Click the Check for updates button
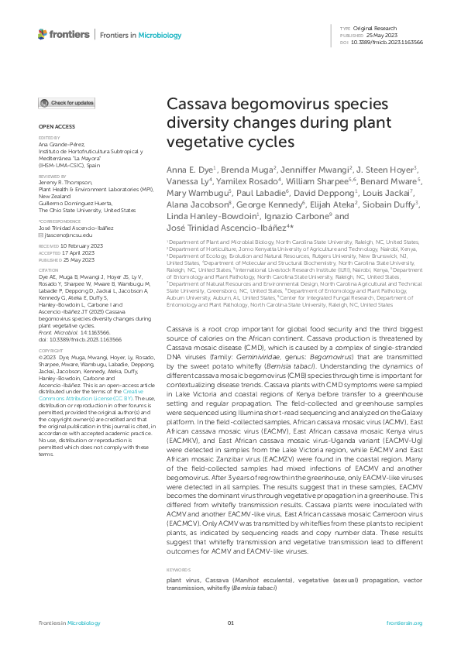click(68, 102)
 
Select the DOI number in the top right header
click(393, 43)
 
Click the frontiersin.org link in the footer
click(404, 623)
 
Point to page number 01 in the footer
click(230, 623)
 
